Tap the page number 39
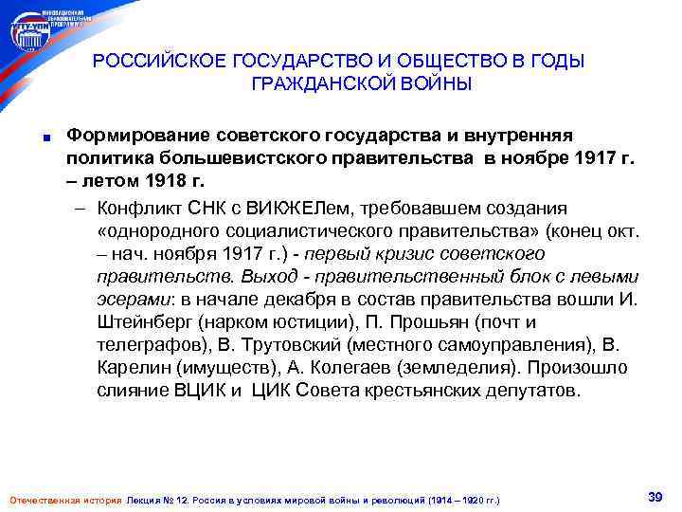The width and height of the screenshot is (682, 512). click(654, 497)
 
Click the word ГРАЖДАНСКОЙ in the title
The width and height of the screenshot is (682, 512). click(314, 85)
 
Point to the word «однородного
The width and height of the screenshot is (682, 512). click(155, 231)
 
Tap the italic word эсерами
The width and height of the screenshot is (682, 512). click(128, 301)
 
